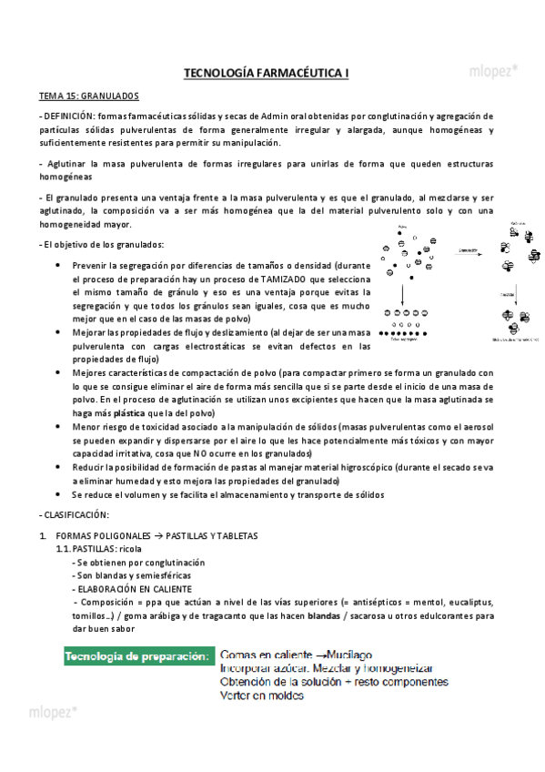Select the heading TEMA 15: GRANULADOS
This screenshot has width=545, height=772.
[x=88, y=95]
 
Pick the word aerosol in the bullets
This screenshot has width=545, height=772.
[x=476, y=427]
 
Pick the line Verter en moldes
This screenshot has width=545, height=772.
[x=262, y=696]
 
